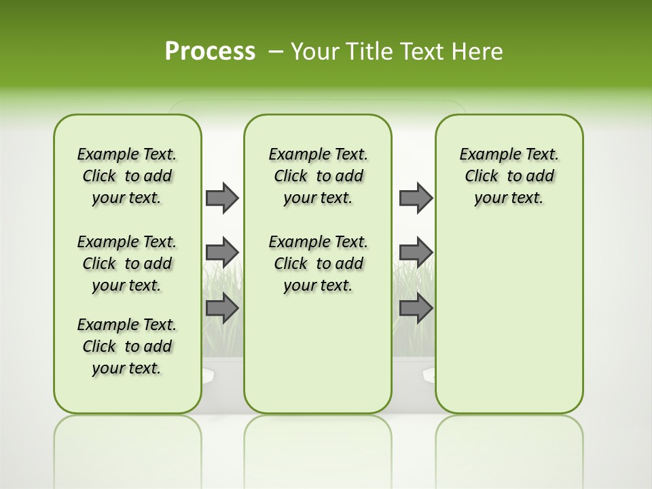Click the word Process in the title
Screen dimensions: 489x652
(210, 51)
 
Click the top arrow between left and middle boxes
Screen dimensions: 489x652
(222, 198)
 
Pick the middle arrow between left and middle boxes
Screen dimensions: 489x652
(222, 252)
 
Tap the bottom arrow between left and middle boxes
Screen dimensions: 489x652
(222, 308)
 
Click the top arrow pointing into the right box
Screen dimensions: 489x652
(416, 198)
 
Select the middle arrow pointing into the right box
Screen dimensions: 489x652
(416, 252)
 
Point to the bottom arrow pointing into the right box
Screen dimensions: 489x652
(416, 308)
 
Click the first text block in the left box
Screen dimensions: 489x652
(127, 176)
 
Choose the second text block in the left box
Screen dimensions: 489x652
(127, 264)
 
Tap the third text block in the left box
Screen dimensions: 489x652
(127, 346)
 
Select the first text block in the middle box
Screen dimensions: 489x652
(318, 176)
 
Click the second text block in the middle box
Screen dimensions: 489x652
(318, 264)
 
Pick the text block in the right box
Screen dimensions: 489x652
(509, 176)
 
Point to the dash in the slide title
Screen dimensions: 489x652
(276, 52)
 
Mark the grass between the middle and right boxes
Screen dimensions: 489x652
(413, 278)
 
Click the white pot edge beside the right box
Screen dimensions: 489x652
(429, 374)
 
